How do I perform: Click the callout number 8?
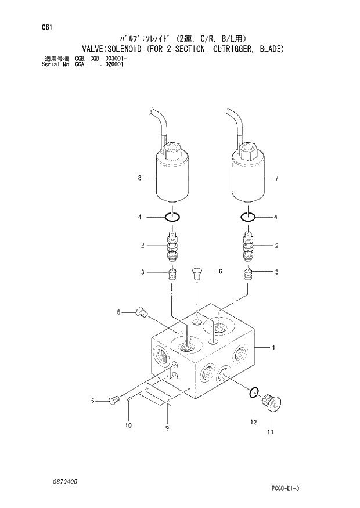(140, 178)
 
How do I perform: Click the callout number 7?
(277, 178)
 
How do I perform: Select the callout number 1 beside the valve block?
(273, 348)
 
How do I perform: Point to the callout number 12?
(253, 422)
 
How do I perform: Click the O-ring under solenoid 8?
(172, 218)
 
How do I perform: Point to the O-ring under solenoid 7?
(249, 218)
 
